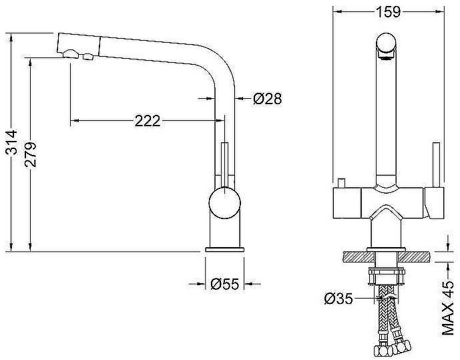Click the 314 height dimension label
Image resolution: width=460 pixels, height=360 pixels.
click(x=12, y=142)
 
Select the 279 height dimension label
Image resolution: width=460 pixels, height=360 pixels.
click(x=31, y=155)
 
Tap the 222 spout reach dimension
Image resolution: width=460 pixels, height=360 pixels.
click(x=148, y=121)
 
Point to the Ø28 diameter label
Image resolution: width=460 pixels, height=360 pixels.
click(x=267, y=99)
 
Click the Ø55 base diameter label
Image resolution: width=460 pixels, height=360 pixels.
click(x=225, y=284)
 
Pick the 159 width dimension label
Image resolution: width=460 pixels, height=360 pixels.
click(x=388, y=12)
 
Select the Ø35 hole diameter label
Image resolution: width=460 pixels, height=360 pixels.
click(x=338, y=299)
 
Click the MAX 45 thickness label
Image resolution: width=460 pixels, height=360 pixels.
click(x=448, y=308)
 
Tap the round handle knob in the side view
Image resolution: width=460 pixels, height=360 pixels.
click(x=225, y=203)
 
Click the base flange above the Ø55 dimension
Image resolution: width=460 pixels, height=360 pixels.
click(x=225, y=250)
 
